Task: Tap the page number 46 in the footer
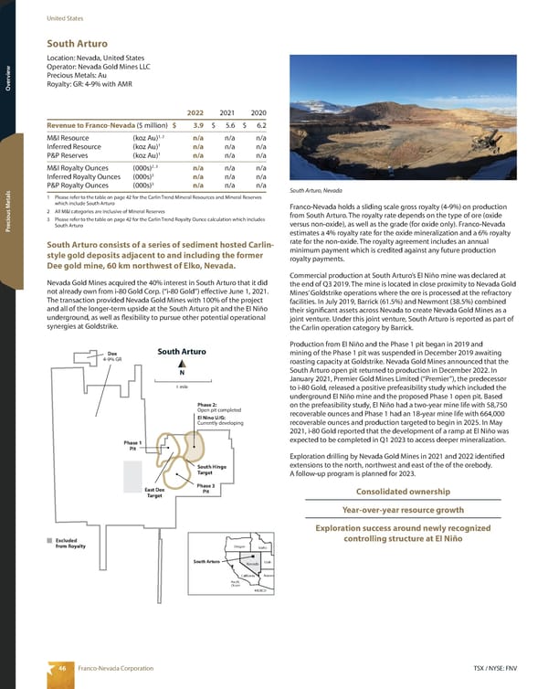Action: tap(64, 669)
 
